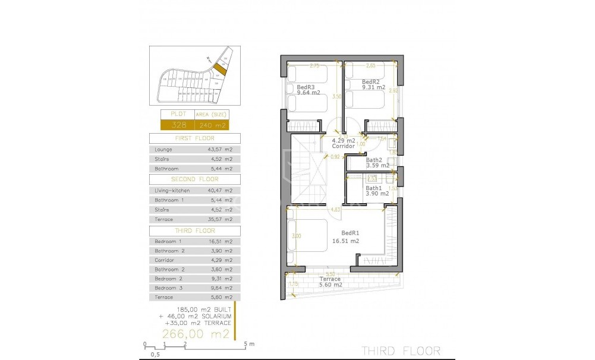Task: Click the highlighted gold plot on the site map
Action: (x=220, y=70)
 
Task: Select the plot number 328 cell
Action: (x=179, y=125)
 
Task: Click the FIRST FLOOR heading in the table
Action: (x=194, y=138)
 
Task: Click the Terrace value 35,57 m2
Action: (x=218, y=219)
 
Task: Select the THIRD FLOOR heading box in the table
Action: (x=194, y=230)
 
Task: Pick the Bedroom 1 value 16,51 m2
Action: (x=218, y=242)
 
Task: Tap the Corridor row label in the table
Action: (x=165, y=260)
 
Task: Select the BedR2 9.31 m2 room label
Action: (x=372, y=84)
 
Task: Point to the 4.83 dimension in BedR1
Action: (x=335, y=209)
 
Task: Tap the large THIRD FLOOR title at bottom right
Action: (x=401, y=350)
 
